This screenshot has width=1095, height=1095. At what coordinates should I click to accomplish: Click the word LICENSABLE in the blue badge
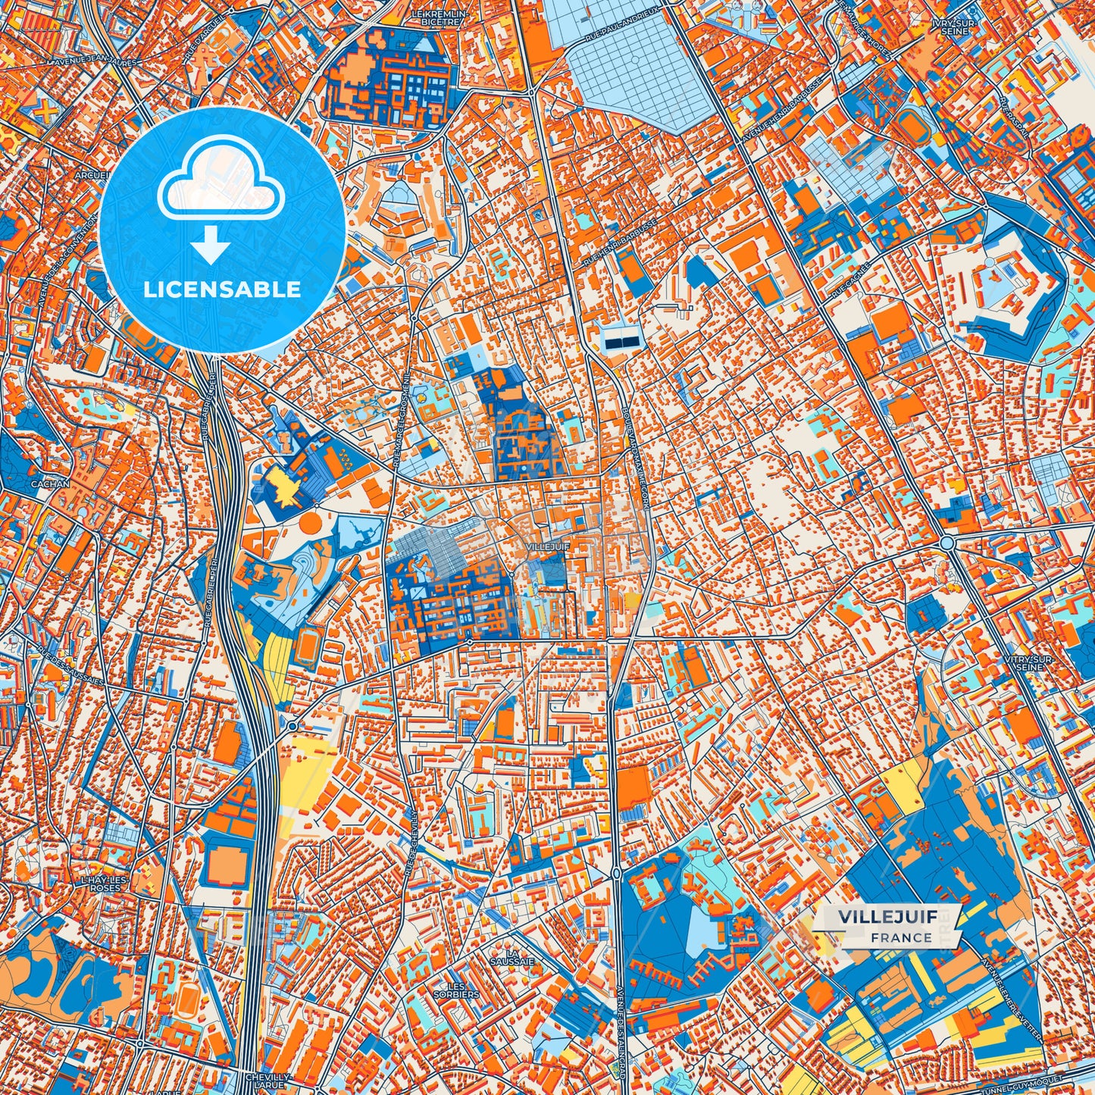[x=222, y=289]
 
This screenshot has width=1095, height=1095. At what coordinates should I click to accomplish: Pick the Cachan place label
[x=50, y=483]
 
